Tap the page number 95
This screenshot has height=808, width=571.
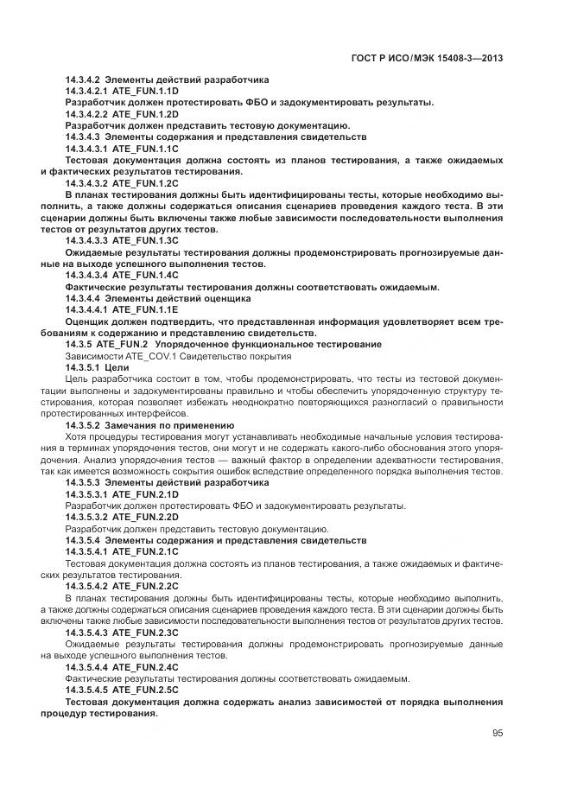point(498,733)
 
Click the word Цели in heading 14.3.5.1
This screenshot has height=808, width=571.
point(117,367)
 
